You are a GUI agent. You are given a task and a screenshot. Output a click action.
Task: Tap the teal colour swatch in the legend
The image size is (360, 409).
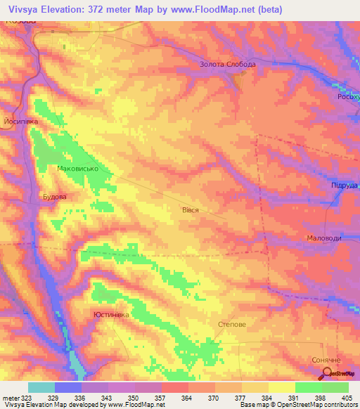(41, 387)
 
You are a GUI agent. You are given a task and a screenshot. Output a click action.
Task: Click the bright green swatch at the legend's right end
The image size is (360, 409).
(335, 387)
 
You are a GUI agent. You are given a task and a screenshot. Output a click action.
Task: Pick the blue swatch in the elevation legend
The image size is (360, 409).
(68, 387)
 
